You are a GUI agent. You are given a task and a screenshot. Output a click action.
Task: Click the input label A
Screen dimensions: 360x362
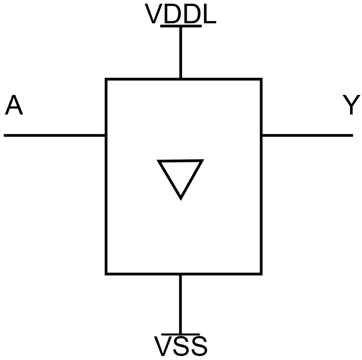pyautogui.click(x=14, y=106)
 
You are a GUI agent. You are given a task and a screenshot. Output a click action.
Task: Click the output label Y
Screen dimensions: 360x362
pyautogui.click(x=351, y=106)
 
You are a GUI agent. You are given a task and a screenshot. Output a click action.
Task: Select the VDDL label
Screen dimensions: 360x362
pyautogui.click(x=180, y=15)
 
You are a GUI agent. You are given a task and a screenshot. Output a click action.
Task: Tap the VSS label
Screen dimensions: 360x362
pyautogui.click(x=181, y=347)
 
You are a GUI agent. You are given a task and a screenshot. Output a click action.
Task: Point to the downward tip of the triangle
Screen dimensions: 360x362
pyautogui.click(x=181, y=198)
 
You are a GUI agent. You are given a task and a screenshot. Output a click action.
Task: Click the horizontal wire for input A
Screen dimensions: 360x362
pyautogui.click(x=55, y=135)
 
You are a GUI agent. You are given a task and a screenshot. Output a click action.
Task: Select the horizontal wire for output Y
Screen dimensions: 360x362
pyautogui.click(x=307, y=135)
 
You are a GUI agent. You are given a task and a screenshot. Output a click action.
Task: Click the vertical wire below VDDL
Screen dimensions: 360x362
pyautogui.click(x=181, y=52)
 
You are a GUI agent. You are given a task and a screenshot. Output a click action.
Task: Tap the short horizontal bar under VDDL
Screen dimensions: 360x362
pyautogui.click(x=181, y=26)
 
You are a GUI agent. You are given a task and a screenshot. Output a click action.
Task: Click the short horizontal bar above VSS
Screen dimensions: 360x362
pyautogui.click(x=181, y=334)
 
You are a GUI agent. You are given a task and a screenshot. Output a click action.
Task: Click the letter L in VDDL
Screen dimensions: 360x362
pyautogui.click(x=209, y=15)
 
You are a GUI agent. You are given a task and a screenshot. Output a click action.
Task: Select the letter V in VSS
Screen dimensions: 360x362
pyautogui.click(x=163, y=347)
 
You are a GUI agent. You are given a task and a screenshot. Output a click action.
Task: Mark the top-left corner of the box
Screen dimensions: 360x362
pyautogui.click(x=106, y=79)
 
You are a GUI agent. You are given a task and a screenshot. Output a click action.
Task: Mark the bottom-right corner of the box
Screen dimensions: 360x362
pyautogui.click(x=261, y=273)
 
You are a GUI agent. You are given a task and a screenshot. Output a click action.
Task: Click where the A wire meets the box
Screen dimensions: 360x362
pyautogui.click(x=106, y=135)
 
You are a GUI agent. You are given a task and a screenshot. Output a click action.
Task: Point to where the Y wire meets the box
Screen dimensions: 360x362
pyautogui.click(x=261, y=135)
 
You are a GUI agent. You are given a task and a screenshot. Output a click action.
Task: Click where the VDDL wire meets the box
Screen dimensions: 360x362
pyautogui.click(x=181, y=79)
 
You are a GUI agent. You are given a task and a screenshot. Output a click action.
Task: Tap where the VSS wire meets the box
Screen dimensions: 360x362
pyautogui.click(x=181, y=273)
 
